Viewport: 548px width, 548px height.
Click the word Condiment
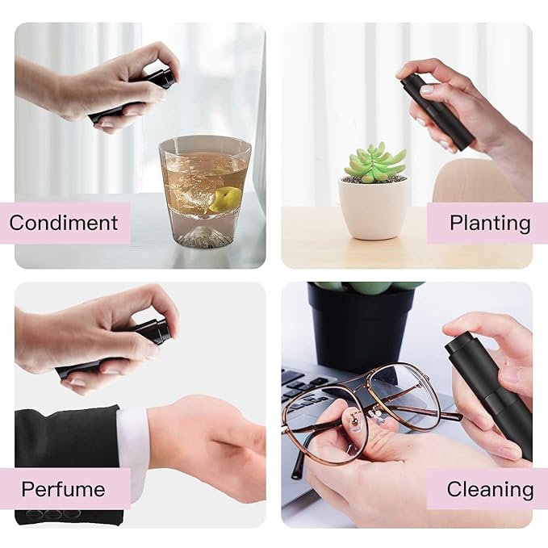click(69, 222)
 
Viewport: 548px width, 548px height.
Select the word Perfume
click(63, 488)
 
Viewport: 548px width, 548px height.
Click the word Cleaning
click(490, 488)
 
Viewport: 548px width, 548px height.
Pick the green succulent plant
click(375, 161)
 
